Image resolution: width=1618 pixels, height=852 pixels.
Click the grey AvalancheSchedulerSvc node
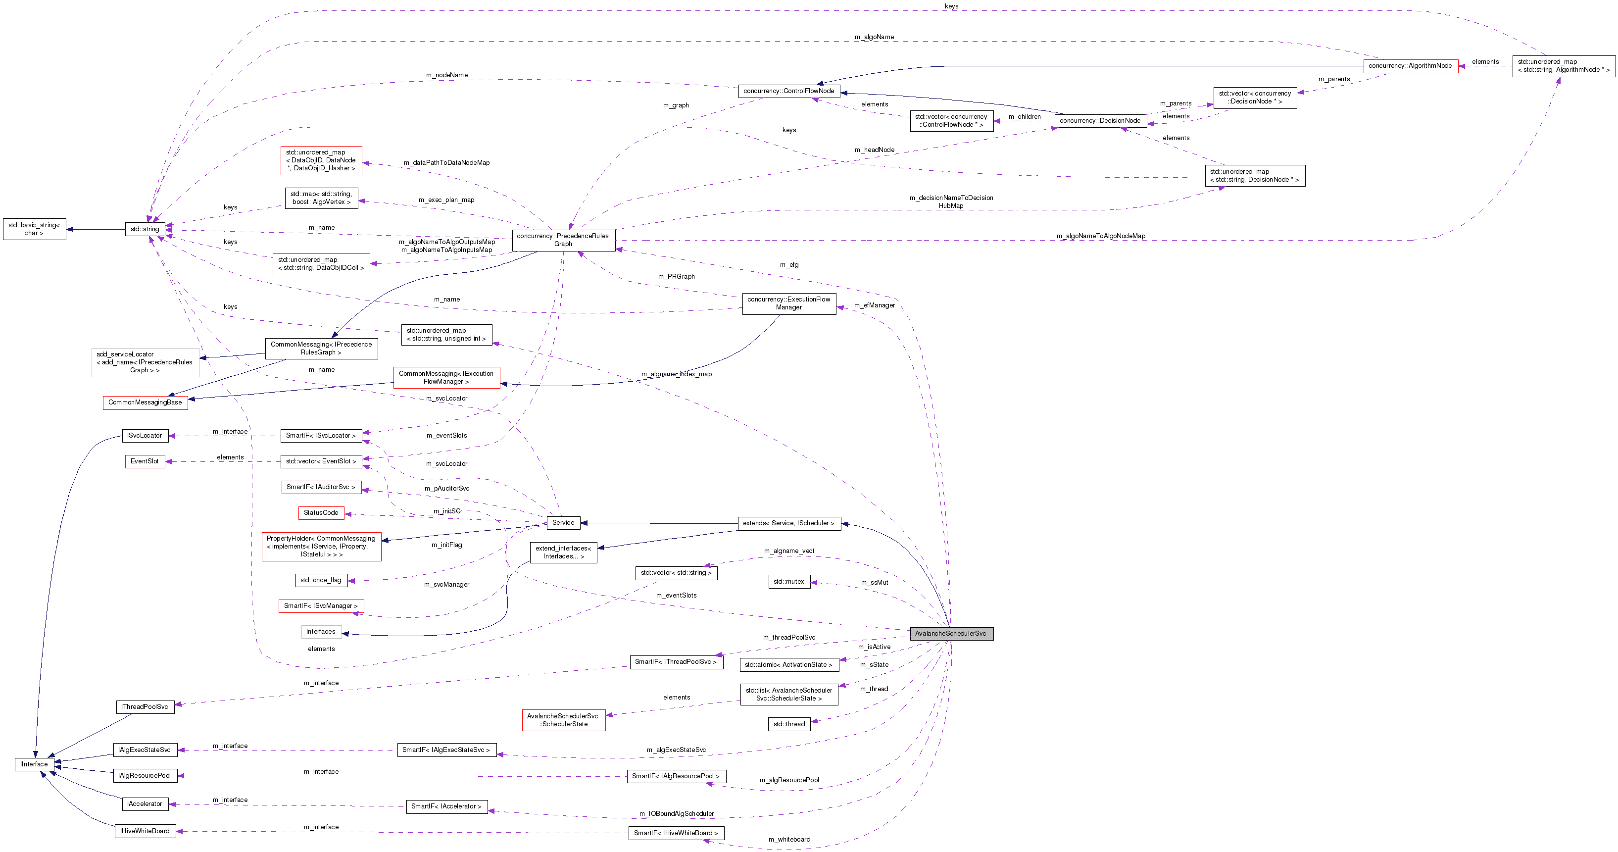pos(951,633)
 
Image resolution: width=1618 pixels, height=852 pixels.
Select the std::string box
pos(145,229)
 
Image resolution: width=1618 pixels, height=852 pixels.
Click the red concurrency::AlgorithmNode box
pos(1410,66)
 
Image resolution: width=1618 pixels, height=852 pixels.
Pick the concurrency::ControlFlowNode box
pos(789,91)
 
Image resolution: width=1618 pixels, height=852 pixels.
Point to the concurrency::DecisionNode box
pos(1100,121)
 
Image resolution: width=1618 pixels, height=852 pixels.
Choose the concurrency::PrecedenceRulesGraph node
pos(563,240)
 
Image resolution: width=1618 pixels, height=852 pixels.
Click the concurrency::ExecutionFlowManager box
pos(789,303)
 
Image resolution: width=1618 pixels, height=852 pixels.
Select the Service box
pos(563,523)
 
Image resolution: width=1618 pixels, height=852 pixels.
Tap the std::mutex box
pos(789,582)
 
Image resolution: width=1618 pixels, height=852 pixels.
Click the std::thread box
pos(789,724)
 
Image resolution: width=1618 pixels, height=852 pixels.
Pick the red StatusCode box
pos(321,513)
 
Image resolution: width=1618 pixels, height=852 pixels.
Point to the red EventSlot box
pos(145,461)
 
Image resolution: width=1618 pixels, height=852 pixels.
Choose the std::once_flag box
pos(321,580)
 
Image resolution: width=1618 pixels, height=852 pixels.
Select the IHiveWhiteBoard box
pos(145,831)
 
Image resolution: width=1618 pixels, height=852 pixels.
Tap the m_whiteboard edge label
pos(789,840)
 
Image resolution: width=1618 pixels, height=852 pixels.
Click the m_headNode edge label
pos(874,150)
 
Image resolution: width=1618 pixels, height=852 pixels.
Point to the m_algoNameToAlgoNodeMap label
pos(1100,236)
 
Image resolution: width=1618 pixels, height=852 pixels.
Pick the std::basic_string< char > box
pos(34,229)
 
